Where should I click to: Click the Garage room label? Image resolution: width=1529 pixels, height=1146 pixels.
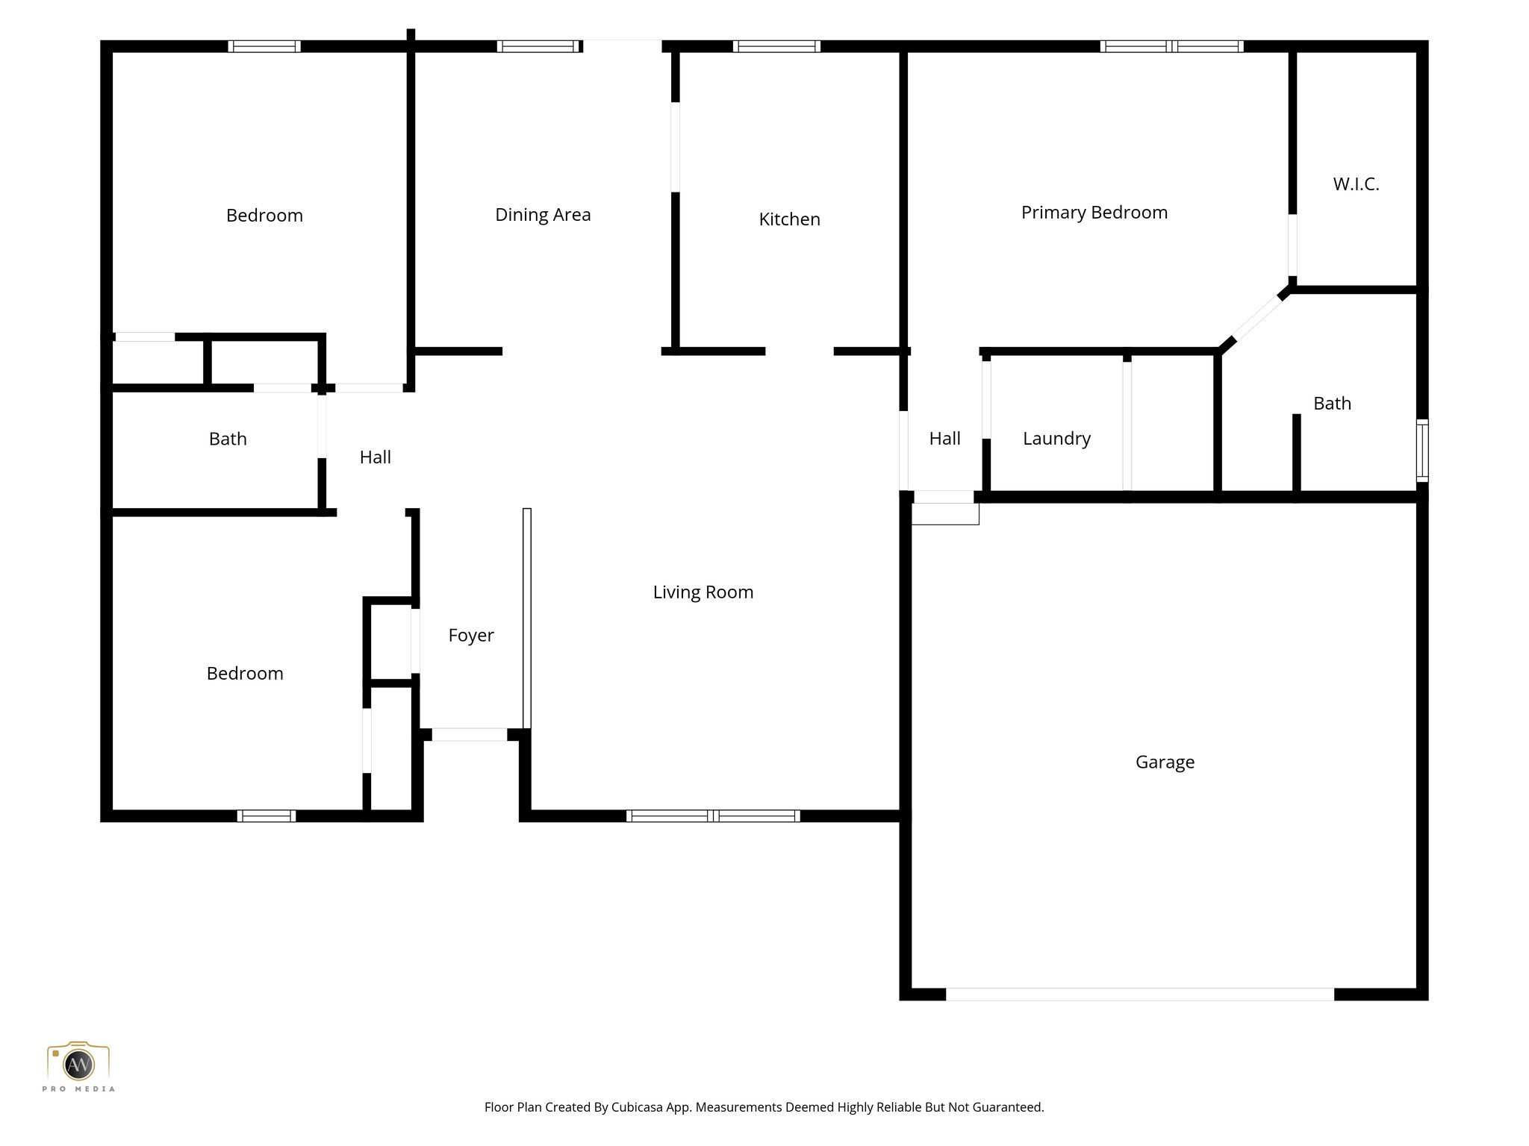pos(1165,762)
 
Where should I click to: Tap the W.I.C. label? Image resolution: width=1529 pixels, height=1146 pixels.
pos(1356,184)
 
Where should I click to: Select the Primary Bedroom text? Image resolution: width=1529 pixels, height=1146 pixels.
pos(1094,213)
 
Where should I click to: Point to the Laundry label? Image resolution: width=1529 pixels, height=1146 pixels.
pos(1056,439)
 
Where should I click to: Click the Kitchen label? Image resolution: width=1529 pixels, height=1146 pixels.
pos(789,219)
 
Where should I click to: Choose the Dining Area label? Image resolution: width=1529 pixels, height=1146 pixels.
pos(543,215)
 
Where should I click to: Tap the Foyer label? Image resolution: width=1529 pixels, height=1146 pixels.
pos(470,636)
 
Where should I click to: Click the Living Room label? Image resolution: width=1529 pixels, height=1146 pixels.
pos(703,592)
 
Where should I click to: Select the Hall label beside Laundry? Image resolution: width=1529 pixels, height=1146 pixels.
pos(944,439)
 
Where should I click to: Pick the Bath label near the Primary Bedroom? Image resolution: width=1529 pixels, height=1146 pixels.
pos(1332,404)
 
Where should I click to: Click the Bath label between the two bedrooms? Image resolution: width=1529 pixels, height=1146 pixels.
pos(228,439)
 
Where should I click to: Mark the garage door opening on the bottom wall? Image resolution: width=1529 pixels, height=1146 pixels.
pos(1139,994)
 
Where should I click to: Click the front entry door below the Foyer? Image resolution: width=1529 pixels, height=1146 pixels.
pos(469,735)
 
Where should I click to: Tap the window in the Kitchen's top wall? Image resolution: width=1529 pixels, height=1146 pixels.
pos(776,46)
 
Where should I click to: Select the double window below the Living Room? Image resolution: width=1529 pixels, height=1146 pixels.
pos(713,816)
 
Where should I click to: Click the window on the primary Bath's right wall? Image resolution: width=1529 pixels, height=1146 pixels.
pos(1422,450)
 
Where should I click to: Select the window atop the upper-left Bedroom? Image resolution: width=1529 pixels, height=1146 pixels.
pos(264,46)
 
